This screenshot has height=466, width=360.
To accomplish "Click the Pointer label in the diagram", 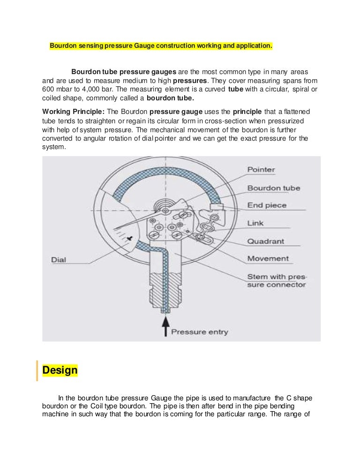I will tap(261, 169).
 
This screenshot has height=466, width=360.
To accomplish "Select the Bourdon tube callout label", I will tap(274, 188).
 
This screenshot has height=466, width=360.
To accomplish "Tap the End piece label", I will tap(267, 205).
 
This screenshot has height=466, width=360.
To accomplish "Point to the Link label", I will tap(255, 223).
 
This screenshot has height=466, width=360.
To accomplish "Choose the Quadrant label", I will tap(265, 241).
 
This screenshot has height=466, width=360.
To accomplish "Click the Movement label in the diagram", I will tap(268, 258).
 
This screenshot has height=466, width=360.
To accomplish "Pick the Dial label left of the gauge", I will tap(59, 259).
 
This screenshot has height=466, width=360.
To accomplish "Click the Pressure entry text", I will tap(199, 332).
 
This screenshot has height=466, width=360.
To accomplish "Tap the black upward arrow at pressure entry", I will tap(165, 326).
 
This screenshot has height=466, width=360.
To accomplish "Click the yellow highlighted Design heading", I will tap(60, 370).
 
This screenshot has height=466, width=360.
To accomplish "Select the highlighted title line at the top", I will tap(161, 46).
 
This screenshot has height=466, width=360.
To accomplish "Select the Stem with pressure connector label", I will tap(277, 280).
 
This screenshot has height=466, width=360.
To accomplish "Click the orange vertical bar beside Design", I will tap(37, 370).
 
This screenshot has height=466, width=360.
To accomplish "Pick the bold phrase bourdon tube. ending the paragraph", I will tap(170, 98).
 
